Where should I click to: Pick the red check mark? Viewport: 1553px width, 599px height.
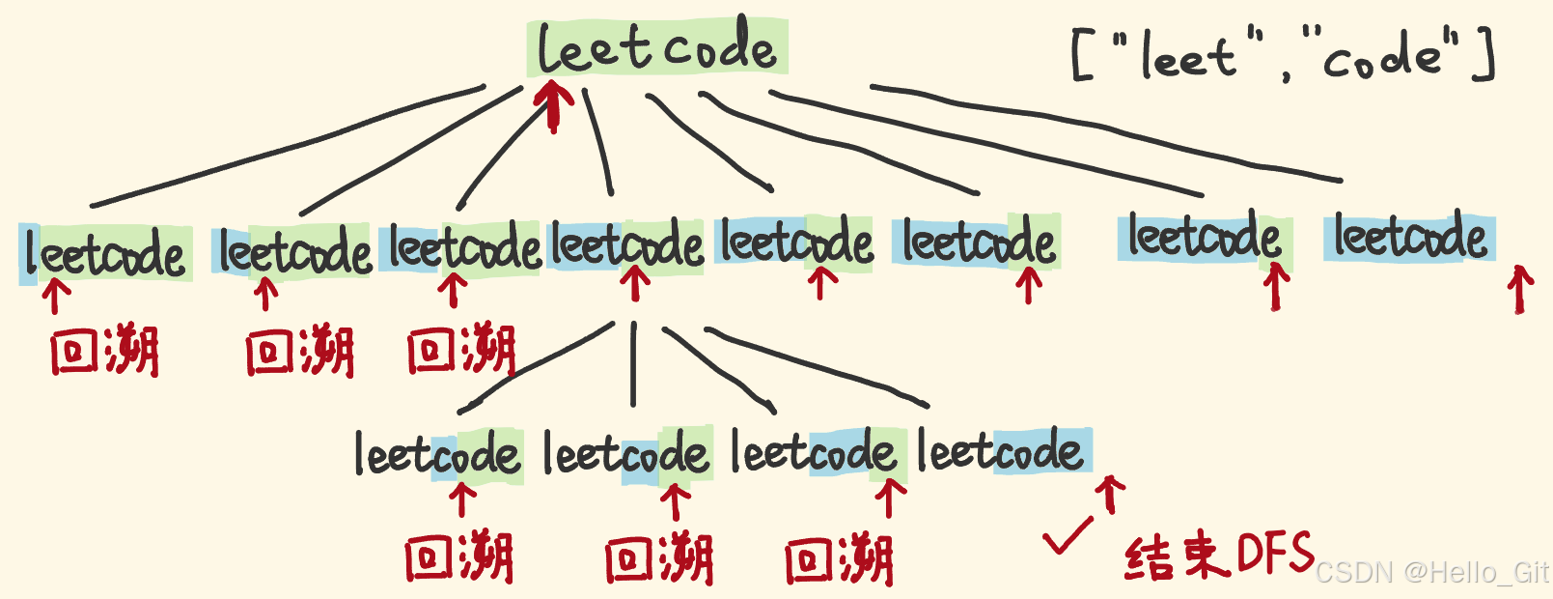click(1068, 535)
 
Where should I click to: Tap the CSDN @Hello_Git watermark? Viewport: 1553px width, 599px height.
click(1432, 573)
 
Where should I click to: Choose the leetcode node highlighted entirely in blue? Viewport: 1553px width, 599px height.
click(1409, 238)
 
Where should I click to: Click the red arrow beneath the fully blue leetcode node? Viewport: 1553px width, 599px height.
click(1520, 289)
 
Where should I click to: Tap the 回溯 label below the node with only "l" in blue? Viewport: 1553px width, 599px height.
click(104, 352)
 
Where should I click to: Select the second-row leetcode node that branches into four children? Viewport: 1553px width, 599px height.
click(626, 245)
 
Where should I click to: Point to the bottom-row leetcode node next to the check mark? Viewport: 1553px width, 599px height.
click(1001, 451)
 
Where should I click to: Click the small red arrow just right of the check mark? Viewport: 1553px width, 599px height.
click(1112, 493)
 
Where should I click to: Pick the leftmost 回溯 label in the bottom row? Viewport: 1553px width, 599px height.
click(458, 558)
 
